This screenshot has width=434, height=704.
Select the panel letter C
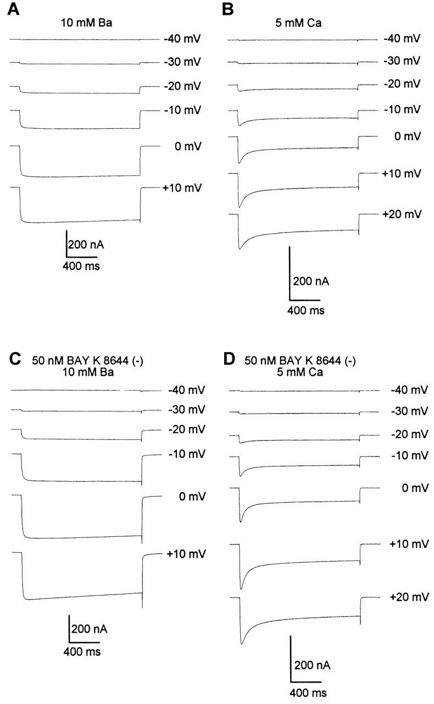point(15,360)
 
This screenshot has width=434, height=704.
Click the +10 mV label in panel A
point(182,188)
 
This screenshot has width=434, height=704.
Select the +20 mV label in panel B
point(402,213)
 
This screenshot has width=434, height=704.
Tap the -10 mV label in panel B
point(402,109)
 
